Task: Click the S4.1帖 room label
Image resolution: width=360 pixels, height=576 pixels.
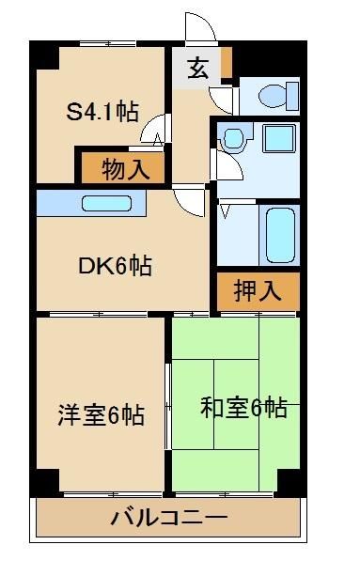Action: [x=102, y=112]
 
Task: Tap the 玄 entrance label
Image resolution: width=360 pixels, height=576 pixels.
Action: [x=198, y=68]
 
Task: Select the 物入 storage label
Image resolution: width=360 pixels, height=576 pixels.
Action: [x=124, y=170]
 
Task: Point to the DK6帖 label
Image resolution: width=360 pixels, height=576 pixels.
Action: [x=115, y=266]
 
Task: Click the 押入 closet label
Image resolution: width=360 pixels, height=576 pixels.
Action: [x=258, y=290]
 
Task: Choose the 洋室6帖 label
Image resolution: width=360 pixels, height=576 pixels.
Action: [x=102, y=414]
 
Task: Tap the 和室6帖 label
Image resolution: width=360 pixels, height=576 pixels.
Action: [x=243, y=408]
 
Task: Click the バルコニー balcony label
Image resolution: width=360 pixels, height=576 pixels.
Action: [x=169, y=517]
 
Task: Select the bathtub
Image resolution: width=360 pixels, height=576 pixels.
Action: [x=281, y=235]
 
